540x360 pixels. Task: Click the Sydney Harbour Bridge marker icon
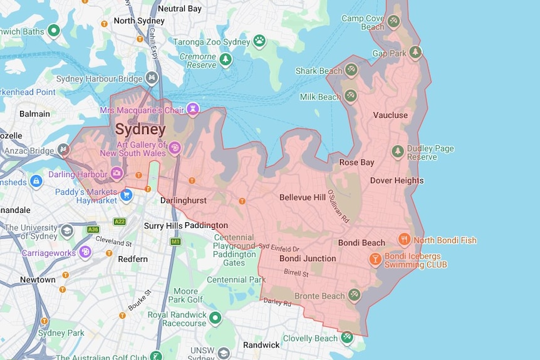(151, 78)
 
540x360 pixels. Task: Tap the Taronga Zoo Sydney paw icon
(259, 41)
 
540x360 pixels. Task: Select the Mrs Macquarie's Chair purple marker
(193, 109)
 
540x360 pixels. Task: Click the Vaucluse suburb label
(390, 115)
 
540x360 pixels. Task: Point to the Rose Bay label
(356, 162)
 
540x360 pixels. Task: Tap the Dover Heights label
(397, 180)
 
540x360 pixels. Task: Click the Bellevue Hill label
(302, 197)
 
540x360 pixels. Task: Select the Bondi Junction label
(308, 258)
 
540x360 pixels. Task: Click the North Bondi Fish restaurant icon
(405, 239)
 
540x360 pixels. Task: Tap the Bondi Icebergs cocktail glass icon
(375, 259)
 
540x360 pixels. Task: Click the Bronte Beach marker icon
(355, 294)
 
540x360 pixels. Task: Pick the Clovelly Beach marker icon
(346, 337)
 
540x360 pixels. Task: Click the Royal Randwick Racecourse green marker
(215, 318)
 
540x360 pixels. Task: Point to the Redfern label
(132, 259)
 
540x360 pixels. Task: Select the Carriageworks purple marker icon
(85, 252)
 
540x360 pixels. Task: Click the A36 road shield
(93, 230)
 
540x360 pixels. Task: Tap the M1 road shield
(175, 241)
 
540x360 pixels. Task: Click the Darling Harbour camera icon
(117, 172)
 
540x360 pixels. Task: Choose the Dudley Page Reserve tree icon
(397, 152)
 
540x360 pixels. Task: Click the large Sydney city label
(140, 130)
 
